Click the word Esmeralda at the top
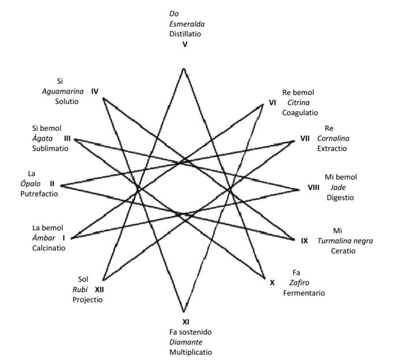click(x=187, y=24)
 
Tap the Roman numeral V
click(x=184, y=44)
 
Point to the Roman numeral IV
click(x=95, y=91)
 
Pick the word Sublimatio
click(x=50, y=148)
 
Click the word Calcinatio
click(x=48, y=248)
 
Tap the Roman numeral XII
click(x=99, y=290)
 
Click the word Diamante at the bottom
click(x=185, y=341)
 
